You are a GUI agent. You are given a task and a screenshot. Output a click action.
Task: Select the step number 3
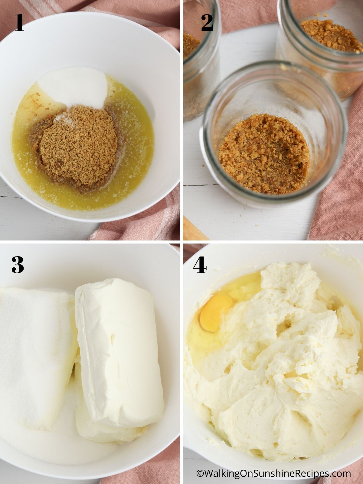pos(18,265)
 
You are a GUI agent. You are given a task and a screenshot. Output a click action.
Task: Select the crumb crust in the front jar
pos(264,154)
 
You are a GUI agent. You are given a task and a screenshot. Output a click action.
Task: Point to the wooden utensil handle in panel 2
pos(194,229)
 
